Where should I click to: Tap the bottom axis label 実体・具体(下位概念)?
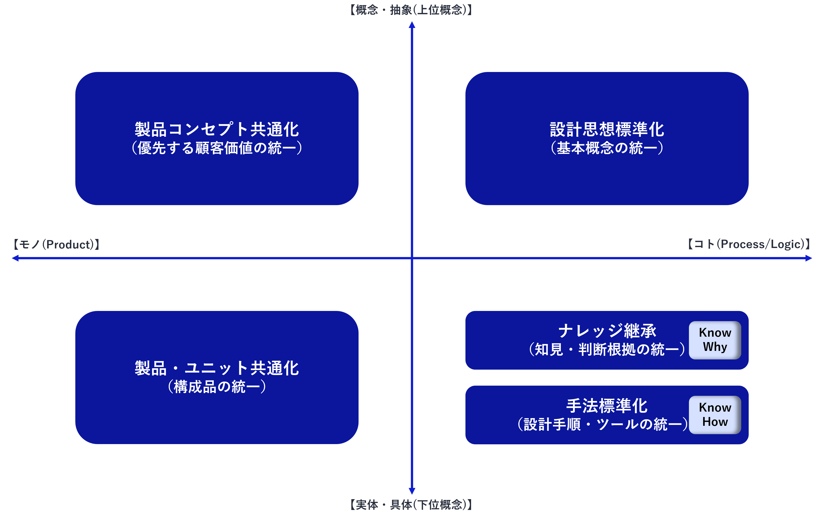411,504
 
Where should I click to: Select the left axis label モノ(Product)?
56,244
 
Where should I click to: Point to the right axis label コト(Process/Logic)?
749,244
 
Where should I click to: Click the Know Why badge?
715,340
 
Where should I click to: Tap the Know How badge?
715,415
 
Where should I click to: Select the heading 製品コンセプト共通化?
217,129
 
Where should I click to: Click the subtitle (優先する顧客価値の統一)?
217,148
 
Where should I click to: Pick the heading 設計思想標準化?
607,129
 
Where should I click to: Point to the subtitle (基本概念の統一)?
607,148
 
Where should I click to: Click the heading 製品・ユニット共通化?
217,368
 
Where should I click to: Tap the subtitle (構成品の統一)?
217,387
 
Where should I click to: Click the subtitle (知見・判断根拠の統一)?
607,350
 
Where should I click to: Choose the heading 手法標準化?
607,406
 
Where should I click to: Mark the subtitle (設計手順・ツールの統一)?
602,424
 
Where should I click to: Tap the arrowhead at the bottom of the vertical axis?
412,491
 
